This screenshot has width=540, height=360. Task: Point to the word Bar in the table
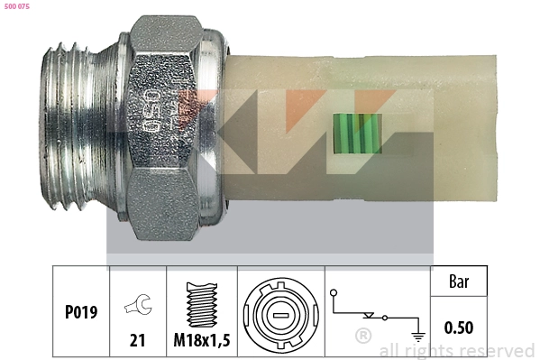coord(459,282)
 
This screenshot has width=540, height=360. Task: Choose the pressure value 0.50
coord(459,328)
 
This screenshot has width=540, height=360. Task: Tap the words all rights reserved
coord(456,351)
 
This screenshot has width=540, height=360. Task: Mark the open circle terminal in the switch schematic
coord(334,293)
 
